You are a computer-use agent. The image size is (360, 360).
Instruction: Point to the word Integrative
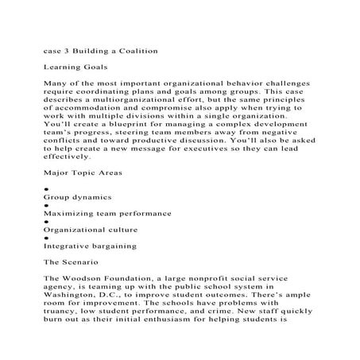coord(69,273)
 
